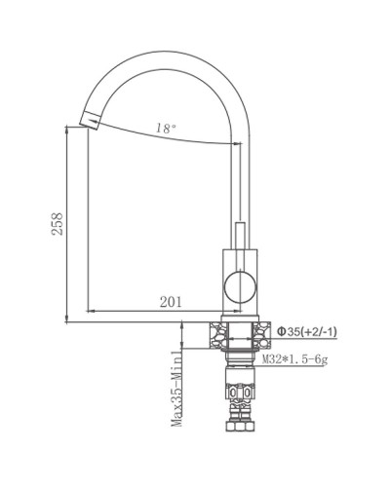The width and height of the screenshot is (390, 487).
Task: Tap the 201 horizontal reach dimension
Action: [x=170, y=301]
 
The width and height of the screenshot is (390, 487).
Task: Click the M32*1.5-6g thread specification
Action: [x=306, y=361]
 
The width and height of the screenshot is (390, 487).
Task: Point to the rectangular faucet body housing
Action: [x=237, y=282]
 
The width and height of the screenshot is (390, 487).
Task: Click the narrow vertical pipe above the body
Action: [x=238, y=234]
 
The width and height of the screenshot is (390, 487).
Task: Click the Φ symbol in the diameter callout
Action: [x=282, y=332]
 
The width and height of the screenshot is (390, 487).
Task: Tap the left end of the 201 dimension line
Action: [x=90, y=310]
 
